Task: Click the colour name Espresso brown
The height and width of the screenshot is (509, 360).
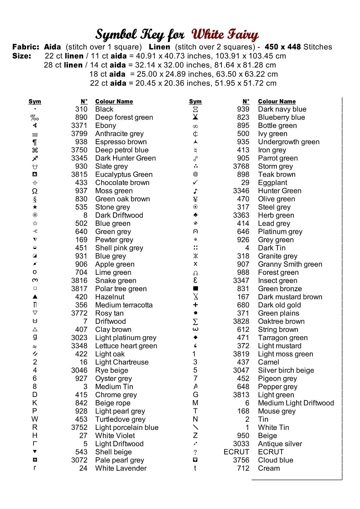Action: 121,142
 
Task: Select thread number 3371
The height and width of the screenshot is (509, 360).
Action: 79,126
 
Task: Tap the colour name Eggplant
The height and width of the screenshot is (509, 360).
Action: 272,183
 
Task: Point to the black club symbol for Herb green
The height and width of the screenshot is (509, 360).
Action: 195,215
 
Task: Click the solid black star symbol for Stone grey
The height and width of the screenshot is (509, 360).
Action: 35,207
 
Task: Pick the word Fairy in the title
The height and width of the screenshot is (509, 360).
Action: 242,35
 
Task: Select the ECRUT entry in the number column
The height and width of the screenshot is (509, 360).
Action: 236,452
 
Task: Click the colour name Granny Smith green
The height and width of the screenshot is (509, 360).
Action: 290,264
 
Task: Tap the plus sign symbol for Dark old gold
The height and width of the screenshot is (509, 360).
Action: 195,305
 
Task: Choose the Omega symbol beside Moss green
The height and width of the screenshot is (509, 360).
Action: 35,191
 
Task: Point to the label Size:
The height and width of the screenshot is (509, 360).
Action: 22,56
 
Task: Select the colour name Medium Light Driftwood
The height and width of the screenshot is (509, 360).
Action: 296,403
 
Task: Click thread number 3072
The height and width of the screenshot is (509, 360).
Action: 79,460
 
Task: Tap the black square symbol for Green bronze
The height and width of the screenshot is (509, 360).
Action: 195,288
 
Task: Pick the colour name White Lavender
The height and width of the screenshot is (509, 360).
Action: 121,468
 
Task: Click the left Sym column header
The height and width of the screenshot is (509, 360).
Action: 35,101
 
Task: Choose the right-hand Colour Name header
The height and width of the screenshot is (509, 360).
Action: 277,101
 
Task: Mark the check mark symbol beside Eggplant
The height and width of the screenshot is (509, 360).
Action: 195,183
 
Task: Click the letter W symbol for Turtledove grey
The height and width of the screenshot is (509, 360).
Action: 35,419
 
